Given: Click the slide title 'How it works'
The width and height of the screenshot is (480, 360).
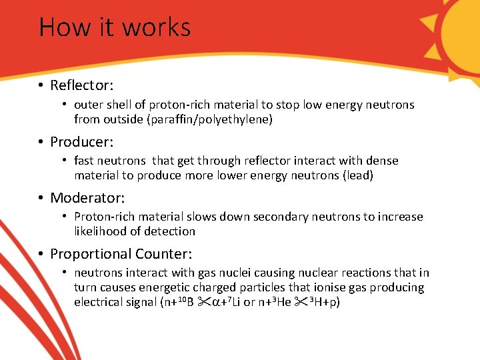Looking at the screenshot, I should (115, 27).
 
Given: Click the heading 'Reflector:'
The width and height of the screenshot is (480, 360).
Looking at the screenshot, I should (82, 86).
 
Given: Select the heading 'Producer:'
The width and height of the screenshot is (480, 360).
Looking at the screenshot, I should (82, 142).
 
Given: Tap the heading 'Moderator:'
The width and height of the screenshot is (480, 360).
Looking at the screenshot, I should (87, 198).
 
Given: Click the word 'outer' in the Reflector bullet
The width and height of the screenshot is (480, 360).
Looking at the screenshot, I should (88, 105).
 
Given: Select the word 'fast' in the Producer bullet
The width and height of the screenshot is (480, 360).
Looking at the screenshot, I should (84, 161).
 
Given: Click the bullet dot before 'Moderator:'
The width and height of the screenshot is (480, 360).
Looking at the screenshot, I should (41, 198).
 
